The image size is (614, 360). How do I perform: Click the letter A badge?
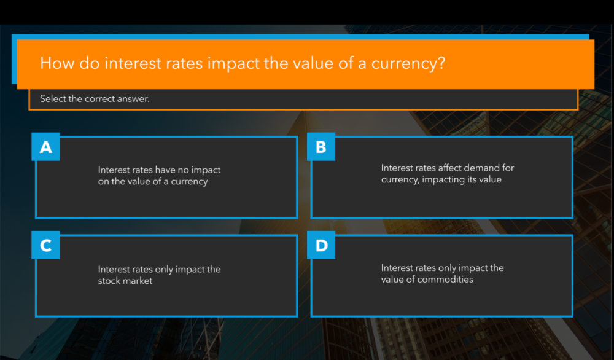click(46, 147)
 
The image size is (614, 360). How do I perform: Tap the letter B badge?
click(321, 147)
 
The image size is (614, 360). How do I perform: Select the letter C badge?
click(46, 246)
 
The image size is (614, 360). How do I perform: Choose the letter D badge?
click(321, 246)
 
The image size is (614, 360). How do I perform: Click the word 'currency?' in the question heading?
click(408, 63)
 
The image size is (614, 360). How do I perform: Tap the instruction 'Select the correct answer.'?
click(95, 98)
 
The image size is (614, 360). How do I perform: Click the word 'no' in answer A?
click(182, 170)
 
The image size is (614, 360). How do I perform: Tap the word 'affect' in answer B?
click(449, 168)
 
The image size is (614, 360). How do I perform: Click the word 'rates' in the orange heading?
click(182, 63)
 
